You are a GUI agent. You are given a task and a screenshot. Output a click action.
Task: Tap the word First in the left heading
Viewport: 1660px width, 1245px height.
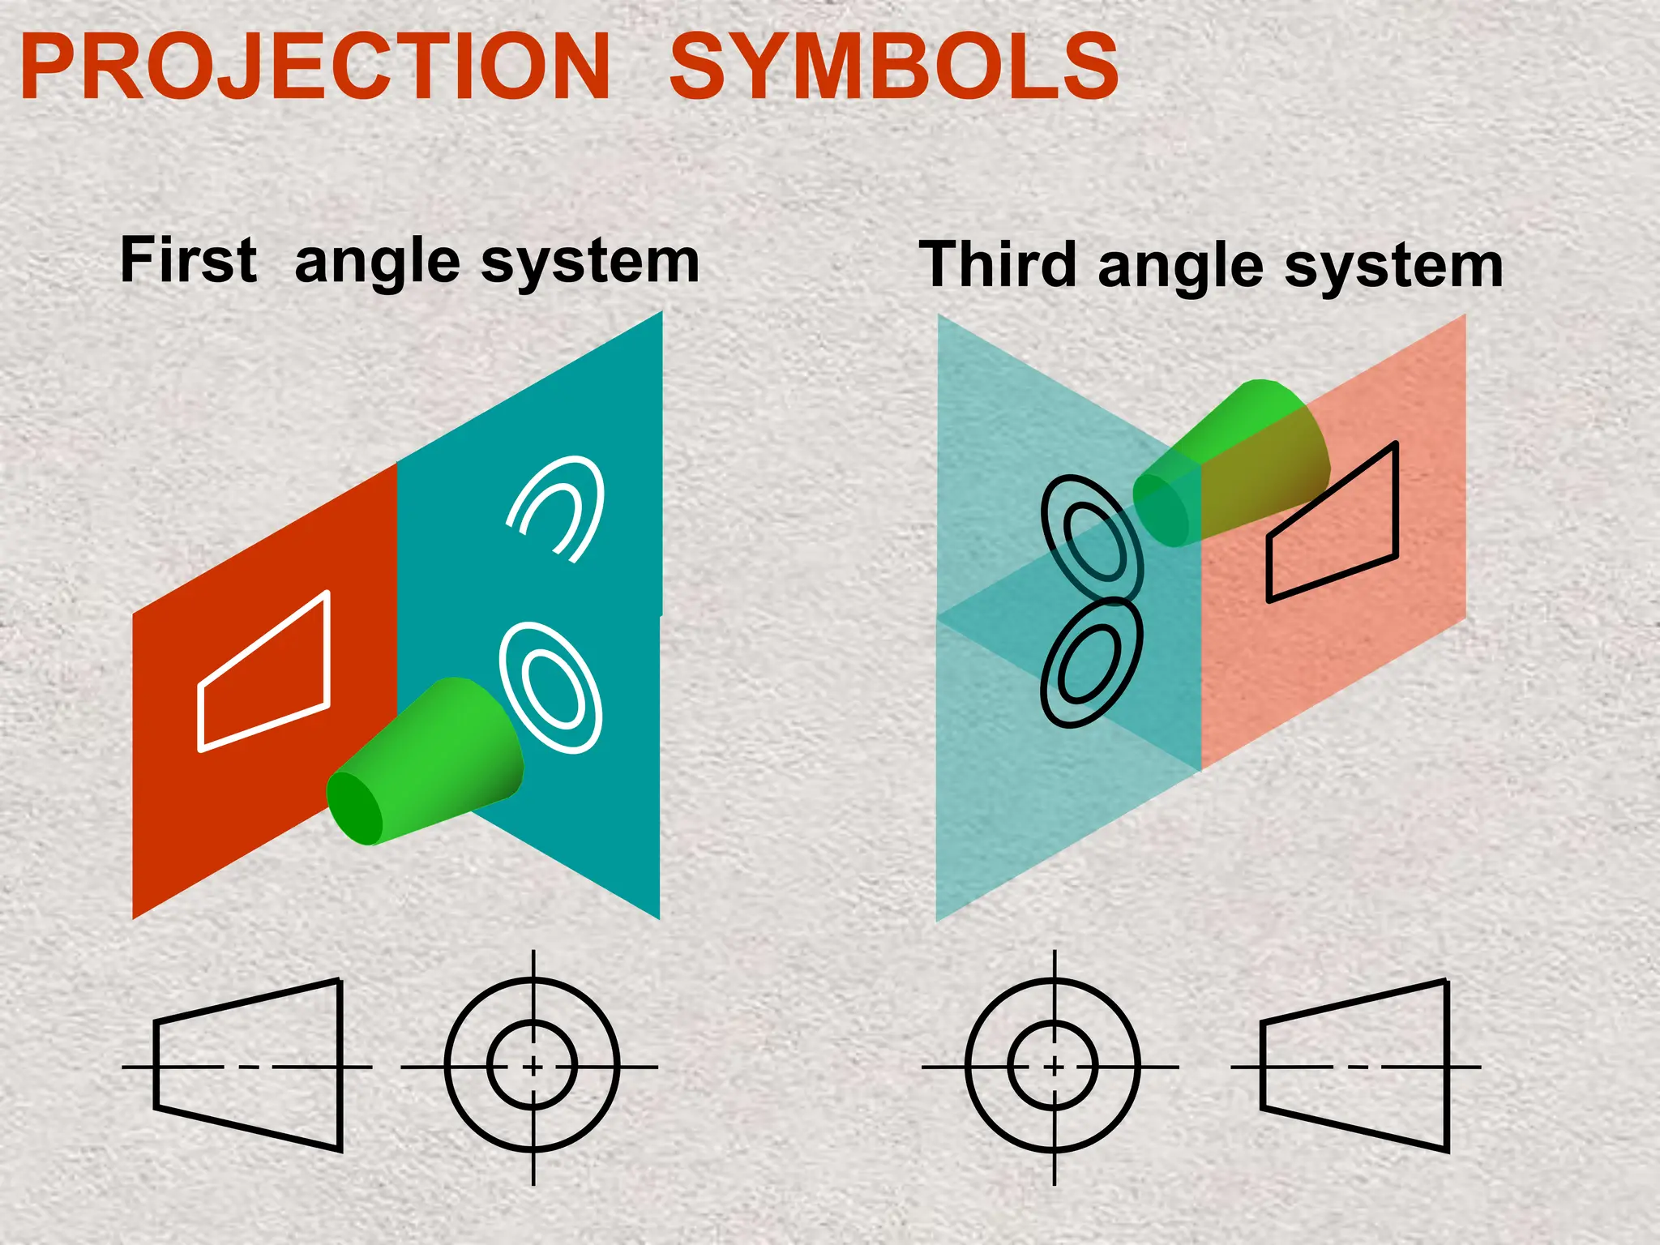click(189, 260)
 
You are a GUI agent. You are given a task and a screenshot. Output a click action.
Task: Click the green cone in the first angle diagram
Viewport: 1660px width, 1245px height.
click(430, 762)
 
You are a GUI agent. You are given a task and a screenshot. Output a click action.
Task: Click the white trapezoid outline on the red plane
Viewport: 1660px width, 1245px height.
click(264, 672)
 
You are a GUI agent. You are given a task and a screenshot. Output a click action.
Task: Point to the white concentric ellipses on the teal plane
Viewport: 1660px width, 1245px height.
click(551, 687)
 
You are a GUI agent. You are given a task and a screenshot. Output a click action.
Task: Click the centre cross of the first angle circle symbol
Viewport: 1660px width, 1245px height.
click(533, 1067)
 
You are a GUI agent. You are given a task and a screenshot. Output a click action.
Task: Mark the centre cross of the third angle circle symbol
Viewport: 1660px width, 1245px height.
click(1054, 1067)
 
